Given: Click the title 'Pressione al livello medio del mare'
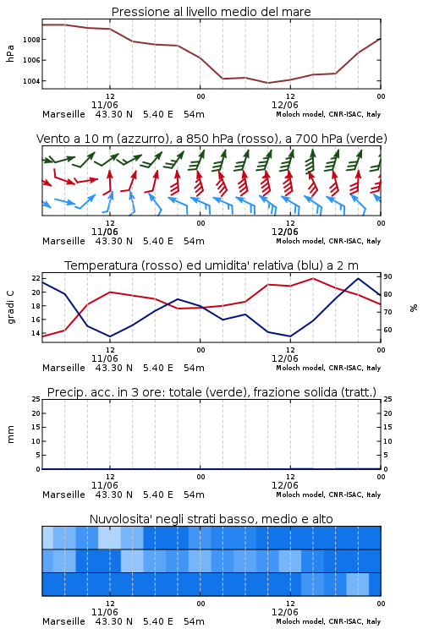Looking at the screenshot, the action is tap(211, 12).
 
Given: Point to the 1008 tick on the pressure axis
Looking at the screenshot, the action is tap(30, 40).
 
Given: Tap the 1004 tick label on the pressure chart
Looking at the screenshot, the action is tap(30, 81).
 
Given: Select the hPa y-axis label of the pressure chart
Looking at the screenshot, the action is tap(10, 53).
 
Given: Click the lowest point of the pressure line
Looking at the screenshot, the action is tap(267, 83).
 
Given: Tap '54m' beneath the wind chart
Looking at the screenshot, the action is tap(194, 241).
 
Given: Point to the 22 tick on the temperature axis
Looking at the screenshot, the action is tap(36, 278).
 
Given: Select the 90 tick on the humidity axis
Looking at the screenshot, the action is tap(387, 276).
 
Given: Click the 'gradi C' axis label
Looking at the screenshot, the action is tap(10, 307).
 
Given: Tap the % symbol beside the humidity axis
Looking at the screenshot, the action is tap(414, 308).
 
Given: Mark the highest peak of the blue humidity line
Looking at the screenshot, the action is tap(358, 278).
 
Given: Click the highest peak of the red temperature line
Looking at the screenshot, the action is tap(312, 278).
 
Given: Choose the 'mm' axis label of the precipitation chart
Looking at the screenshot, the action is tap(10, 434).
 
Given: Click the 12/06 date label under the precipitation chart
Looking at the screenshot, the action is tap(284, 485).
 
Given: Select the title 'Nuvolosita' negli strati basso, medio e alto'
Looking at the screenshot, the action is tap(211, 519).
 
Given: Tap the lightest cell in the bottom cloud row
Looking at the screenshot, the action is tap(357, 584).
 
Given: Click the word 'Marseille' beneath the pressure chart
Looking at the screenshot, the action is tap(63, 114).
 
